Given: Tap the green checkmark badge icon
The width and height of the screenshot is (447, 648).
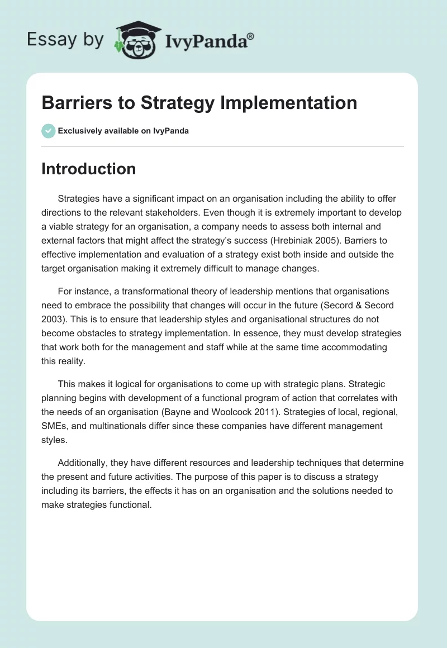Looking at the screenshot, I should [x=48, y=131].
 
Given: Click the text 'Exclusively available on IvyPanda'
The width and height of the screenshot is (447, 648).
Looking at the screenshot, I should [x=123, y=131].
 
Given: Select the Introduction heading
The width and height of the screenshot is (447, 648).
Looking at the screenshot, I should [x=88, y=169].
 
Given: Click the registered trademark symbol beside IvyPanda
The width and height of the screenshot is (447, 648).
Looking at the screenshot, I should [x=251, y=36].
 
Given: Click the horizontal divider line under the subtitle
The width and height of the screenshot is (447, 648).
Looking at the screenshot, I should [x=222, y=146].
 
